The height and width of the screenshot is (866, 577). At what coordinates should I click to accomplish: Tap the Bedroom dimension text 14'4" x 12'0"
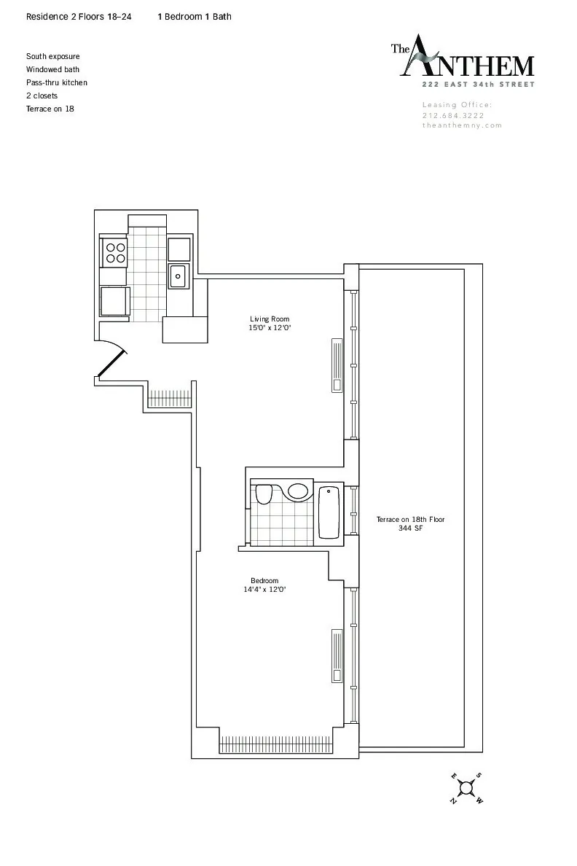264,590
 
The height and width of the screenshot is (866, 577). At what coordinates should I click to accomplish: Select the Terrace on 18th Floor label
410,520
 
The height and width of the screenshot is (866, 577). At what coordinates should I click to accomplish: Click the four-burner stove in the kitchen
115,252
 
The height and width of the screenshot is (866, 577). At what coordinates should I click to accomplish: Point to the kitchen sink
178,276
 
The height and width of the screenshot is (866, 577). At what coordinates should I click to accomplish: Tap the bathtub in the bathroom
329,512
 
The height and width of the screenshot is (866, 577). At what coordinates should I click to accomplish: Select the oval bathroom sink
298,491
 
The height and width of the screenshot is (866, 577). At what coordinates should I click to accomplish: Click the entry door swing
113,362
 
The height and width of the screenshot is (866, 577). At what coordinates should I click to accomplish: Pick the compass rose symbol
466,787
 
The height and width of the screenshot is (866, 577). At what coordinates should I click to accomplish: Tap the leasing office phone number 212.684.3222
453,115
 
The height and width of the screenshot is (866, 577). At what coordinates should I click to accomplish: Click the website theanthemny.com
462,125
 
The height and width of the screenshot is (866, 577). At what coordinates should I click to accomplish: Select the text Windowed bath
52,69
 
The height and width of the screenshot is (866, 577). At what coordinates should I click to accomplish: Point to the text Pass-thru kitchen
57,82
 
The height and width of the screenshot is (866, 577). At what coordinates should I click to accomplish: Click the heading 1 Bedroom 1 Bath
195,16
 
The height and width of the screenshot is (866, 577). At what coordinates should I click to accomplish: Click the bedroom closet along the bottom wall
276,744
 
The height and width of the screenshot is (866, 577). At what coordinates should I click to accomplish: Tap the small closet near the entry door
169,399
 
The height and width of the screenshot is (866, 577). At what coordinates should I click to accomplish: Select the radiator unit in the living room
336,365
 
